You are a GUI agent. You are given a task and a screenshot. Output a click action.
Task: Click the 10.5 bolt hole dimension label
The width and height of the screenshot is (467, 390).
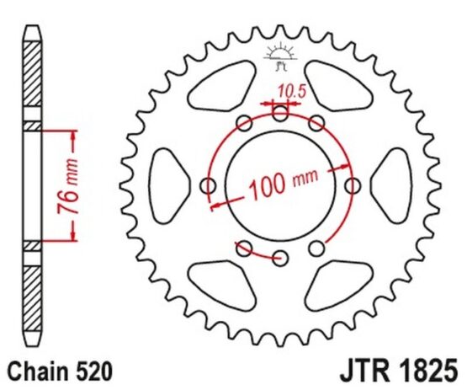point(292,91)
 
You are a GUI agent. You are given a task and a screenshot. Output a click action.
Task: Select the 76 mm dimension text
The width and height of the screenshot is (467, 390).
point(68,187)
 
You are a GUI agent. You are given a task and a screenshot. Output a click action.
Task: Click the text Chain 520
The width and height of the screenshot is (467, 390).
point(61,371)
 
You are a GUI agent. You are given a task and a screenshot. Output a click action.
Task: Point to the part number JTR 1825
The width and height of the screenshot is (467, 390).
point(399,371)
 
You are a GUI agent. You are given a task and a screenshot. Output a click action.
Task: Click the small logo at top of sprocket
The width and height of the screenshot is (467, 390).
point(280,57)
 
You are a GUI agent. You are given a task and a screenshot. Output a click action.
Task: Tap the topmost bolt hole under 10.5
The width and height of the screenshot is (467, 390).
point(280,113)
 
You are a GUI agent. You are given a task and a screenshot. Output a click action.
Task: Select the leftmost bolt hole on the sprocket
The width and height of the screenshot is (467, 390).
point(208,186)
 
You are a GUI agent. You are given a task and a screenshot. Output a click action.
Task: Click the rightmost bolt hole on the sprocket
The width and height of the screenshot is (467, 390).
point(353,186)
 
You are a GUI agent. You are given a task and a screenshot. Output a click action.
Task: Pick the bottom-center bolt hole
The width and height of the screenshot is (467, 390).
point(280,258)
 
